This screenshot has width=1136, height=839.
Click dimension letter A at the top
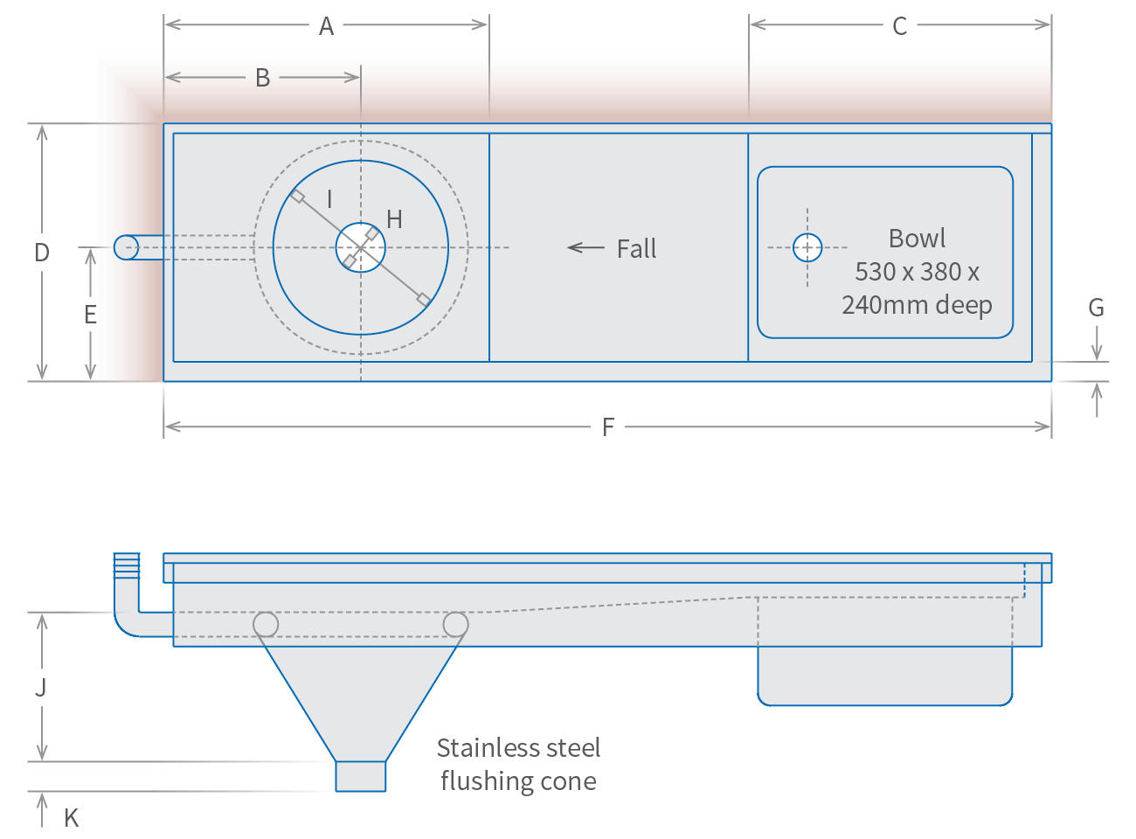click(x=326, y=26)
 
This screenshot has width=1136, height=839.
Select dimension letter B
click(x=262, y=78)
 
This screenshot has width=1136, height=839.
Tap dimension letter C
click(x=899, y=26)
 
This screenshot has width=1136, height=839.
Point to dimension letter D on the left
click(x=41, y=253)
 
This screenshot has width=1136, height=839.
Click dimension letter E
click(x=90, y=315)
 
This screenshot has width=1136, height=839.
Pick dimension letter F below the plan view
click(x=608, y=427)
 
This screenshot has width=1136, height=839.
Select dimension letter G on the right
click(x=1096, y=308)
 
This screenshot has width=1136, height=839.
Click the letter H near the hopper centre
click(x=394, y=219)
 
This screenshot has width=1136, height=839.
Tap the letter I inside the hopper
click(x=329, y=199)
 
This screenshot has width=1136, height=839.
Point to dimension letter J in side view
click(x=41, y=688)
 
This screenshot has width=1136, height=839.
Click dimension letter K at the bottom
click(x=71, y=818)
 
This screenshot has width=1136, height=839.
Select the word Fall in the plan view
click(x=636, y=249)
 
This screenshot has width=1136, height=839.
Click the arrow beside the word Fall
click(x=585, y=248)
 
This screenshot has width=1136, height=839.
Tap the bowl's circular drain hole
click(x=807, y=248)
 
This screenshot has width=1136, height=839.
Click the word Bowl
click(x=917, y=239)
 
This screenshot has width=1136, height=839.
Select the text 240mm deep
click(x=917, y=305)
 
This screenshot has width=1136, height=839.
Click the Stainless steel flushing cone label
click(x=518, y=764)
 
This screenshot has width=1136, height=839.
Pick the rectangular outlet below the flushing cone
click(x=361, y=776)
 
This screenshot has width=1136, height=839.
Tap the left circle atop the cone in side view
click(x=266, y=624)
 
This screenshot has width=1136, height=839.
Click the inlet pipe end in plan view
click(x=126, y=247)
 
